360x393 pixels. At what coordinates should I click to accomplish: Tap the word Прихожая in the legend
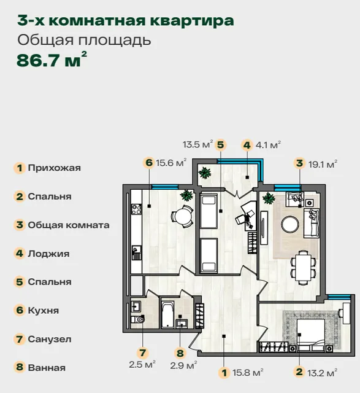(x=55, y=168)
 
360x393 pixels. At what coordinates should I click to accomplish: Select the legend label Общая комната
(x=69, y=225)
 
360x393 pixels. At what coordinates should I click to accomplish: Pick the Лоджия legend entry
(x=48, y=254)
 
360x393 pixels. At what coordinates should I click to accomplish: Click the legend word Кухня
(x=44, y=310)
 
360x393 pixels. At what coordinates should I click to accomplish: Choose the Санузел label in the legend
(x=50, y=339)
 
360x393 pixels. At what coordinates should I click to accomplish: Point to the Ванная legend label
(x=47, y=368)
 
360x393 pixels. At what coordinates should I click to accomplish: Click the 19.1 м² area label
(x=323, y=164)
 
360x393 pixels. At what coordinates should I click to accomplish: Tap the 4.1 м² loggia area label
(x=268, y=145)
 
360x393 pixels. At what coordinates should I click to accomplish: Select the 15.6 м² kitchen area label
(x=171, y=163)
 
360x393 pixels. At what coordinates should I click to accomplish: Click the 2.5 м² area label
(x=142, y=364)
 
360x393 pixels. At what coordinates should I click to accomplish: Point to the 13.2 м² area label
(x=322, y=373)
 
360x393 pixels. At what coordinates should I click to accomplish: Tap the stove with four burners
(x=136, y=209)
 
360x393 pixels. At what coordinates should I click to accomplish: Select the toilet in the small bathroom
(x=138, y=319)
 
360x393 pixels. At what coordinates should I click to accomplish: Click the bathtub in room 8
(x=167, y=315)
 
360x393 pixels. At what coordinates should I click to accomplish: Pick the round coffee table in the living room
(x=290, y=224)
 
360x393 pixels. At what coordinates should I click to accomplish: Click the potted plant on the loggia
(x=205, y=173)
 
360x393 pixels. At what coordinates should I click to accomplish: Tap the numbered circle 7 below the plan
(x=143, y=352)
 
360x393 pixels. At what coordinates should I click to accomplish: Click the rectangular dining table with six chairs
(x=303, y=268)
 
